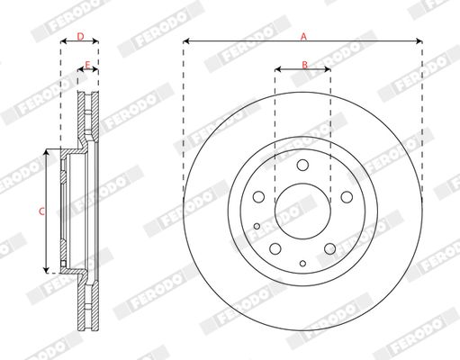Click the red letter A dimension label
point(303,36)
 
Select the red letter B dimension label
point(304,64)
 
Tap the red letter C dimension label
point(40,211)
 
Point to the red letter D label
point(79,37)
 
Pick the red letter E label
point(87,64)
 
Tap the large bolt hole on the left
point(257,197)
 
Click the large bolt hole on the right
point(347,197)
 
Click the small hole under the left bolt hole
point(257,226)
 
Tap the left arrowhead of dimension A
point(185,41)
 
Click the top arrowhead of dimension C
point(45,154)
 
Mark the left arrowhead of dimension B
point(277,69)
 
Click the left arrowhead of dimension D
point(63,42)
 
